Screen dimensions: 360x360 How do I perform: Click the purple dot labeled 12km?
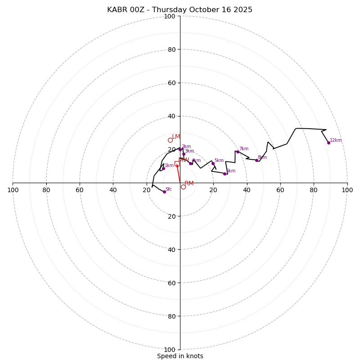[328, 143]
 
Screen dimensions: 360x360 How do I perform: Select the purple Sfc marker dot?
[164, 192]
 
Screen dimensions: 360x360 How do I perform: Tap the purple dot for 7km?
[238, 152]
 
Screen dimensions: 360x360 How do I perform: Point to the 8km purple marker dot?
[256, 160]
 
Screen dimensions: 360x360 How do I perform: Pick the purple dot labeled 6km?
[225, 174]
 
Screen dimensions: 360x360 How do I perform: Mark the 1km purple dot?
[163, 168]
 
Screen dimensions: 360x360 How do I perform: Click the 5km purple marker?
[213, 163]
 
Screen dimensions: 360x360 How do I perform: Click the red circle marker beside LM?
[170, 140]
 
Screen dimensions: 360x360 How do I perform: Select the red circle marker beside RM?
[183, 187]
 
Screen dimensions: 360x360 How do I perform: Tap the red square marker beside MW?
[177, 163]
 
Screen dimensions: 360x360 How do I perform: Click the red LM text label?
[176, 136]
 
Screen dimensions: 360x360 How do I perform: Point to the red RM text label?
[189, 183]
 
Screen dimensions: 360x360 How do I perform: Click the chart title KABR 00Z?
[180, 10]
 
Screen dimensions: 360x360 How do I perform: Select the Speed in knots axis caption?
[180, 356]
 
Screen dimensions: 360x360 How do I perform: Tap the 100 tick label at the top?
[170, 16]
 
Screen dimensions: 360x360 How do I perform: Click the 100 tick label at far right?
[347, 190]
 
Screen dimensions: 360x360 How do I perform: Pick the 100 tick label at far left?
[13, 190]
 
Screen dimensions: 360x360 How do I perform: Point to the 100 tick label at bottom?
[170, 350]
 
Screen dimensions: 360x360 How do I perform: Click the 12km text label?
[336, 140]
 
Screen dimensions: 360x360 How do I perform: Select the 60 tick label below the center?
[171, 283]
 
